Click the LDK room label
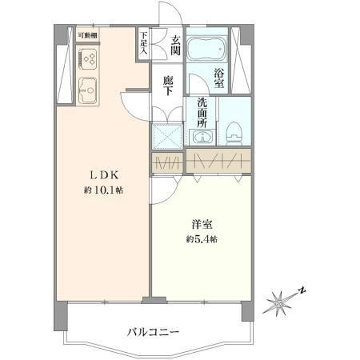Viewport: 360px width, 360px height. [x=103, y=175]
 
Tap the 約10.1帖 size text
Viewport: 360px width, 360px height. [x=103, y=190]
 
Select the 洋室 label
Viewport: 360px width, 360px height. [x=202, y=225]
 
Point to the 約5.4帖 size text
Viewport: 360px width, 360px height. [x=202, y=239]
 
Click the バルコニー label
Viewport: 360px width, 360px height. [x=153, y=332]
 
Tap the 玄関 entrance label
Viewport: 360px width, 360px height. [x=175, y=45]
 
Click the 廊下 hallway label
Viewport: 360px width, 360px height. [x=168, y=86]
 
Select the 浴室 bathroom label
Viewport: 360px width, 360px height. [x=219, y=78]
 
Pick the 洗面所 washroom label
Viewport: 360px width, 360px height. [x=202, y=113]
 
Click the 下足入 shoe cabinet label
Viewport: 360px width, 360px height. [x=144, y=43]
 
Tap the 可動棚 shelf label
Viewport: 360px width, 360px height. [x=87, y=35]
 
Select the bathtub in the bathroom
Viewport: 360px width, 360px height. [x=207, y=49]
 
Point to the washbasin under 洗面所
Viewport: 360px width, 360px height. [x=202, y=137]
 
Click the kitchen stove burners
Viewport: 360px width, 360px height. [x=88, y=58]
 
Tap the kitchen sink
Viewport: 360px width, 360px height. [x=87, y=90]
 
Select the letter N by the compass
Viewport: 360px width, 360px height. [x=302, y=290]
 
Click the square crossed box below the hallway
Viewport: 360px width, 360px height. [x=167, y=136]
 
